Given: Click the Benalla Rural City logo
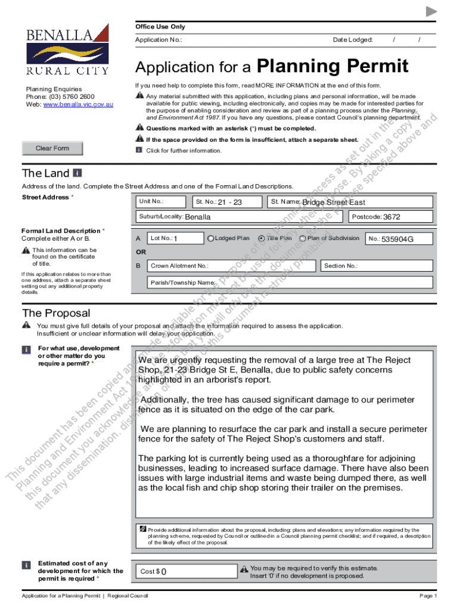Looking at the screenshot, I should [67, 50].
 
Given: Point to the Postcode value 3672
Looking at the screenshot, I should [392, 217].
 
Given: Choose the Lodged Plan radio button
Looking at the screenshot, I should [210, 239].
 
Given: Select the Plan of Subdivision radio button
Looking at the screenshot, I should [303, 239].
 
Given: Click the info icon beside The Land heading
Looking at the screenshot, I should [77, 173].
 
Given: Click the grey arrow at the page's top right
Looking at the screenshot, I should [432, 11].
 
